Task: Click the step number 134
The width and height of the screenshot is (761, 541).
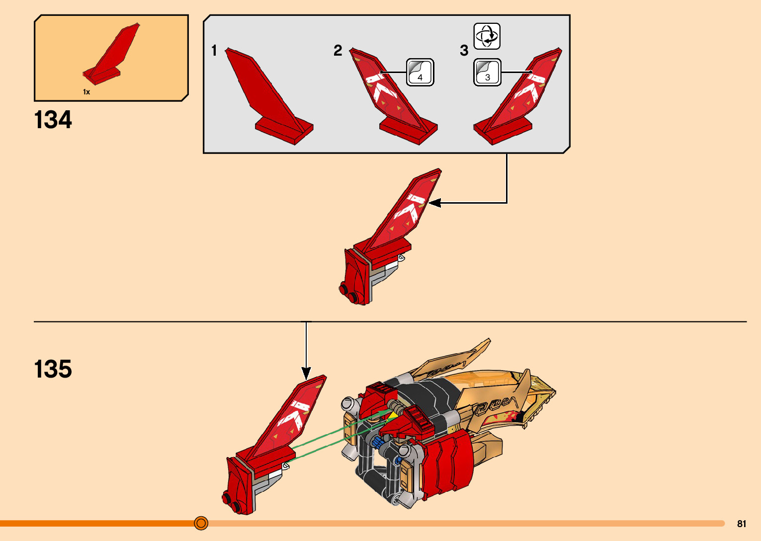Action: [53, 120]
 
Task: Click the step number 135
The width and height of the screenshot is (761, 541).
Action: [53, 369]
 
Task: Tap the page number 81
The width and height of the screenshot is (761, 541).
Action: [742, 524]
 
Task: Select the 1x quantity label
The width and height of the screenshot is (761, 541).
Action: [86, 92]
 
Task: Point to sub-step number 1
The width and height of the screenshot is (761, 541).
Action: [214, 51]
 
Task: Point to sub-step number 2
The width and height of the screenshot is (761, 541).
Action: [338, 50]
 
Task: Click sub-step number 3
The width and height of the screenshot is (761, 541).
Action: [464, 51]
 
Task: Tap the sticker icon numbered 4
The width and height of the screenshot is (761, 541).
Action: [420, 73]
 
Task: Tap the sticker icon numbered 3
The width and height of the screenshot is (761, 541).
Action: [487, 73]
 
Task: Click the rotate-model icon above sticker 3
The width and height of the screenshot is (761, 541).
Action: [487, 36]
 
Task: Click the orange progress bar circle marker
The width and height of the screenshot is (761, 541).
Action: [201, 523]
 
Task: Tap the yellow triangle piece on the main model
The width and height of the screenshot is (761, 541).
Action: [394, 415]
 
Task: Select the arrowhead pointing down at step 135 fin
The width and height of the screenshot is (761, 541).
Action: [306, 373]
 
